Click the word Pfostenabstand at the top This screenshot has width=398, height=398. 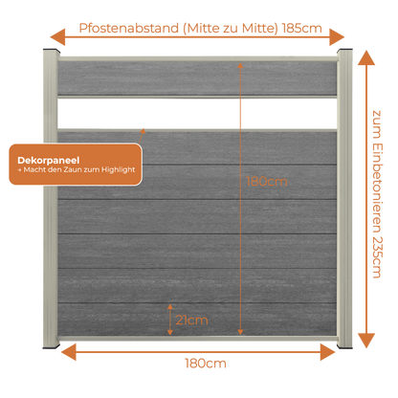click(x=129, y=28)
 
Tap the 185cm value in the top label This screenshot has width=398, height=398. click(x=302, y=28)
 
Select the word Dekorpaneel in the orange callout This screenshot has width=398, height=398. click(x=49, y=160)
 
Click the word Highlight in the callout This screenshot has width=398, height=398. click(x=119, y=170)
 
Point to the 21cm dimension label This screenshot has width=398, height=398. click(x=191, y=320)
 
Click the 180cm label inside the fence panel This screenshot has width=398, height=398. click(x=267, y=182)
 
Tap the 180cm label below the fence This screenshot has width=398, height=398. click(x=206, y=364)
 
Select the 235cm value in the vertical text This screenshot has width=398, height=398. click(x=377, y=257)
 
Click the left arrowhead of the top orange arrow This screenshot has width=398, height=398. click(x=57, y=37)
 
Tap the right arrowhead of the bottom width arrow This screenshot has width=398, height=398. click(x=328, y=352)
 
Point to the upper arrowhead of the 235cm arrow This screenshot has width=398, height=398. click(x=366, y=57)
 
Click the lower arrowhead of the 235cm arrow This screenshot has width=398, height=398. click(x=366, y=341)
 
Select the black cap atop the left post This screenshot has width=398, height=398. click(x=52, y=51)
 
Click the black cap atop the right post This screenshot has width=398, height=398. click(x=344, y=51)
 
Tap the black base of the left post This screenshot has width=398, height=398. click(x=52, y=346)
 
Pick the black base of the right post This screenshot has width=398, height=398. click(x=344, y=346)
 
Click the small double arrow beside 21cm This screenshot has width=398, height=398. click(x=170, y=320)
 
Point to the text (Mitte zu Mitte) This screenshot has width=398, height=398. click(x=231, y=28)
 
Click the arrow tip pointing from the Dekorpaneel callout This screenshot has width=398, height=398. click(x=144, y=129)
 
